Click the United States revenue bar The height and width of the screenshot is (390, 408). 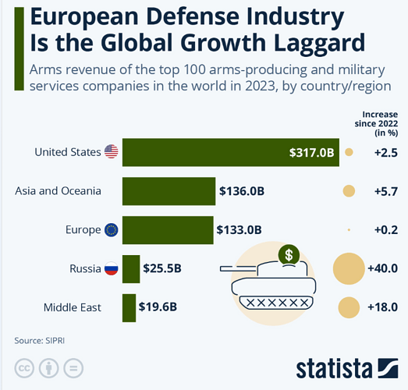coord(231,152)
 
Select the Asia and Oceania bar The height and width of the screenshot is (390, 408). coord(169,191)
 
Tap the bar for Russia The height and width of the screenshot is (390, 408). coord(131,269)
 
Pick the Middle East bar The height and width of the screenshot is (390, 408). coord(129,308)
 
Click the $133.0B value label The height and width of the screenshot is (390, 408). coord(239,230)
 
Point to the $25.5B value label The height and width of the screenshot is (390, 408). coord(162,268)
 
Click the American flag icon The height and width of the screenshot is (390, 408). coord(111,151)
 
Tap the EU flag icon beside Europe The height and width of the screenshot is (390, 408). coord(111,230)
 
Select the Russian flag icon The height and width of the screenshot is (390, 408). coord(111,268)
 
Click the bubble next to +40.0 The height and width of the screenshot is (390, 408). coord(349,268)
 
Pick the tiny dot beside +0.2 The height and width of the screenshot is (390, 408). coord(349,230)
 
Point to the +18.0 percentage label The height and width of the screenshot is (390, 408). coord(382,307)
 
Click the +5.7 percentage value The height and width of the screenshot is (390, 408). coord(386,191)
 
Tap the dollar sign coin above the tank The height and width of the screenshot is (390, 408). coord(289,255)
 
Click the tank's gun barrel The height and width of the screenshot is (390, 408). coord(238,269)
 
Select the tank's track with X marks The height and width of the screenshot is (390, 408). coord(276,303)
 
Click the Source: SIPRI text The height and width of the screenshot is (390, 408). coord(39,341)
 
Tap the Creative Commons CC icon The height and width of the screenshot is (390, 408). coord(24,368)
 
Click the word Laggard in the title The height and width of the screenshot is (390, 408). coord(320,44)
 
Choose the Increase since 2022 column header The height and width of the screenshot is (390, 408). coord(376,123)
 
